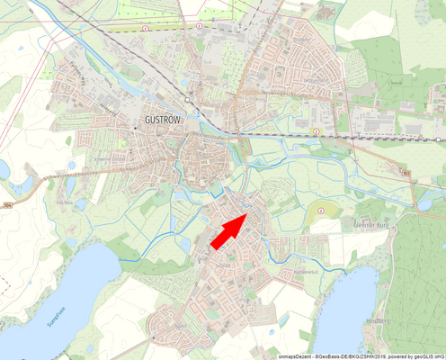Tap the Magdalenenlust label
[307, 270]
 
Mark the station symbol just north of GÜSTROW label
[187, 98]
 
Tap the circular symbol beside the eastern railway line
[317, 131]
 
